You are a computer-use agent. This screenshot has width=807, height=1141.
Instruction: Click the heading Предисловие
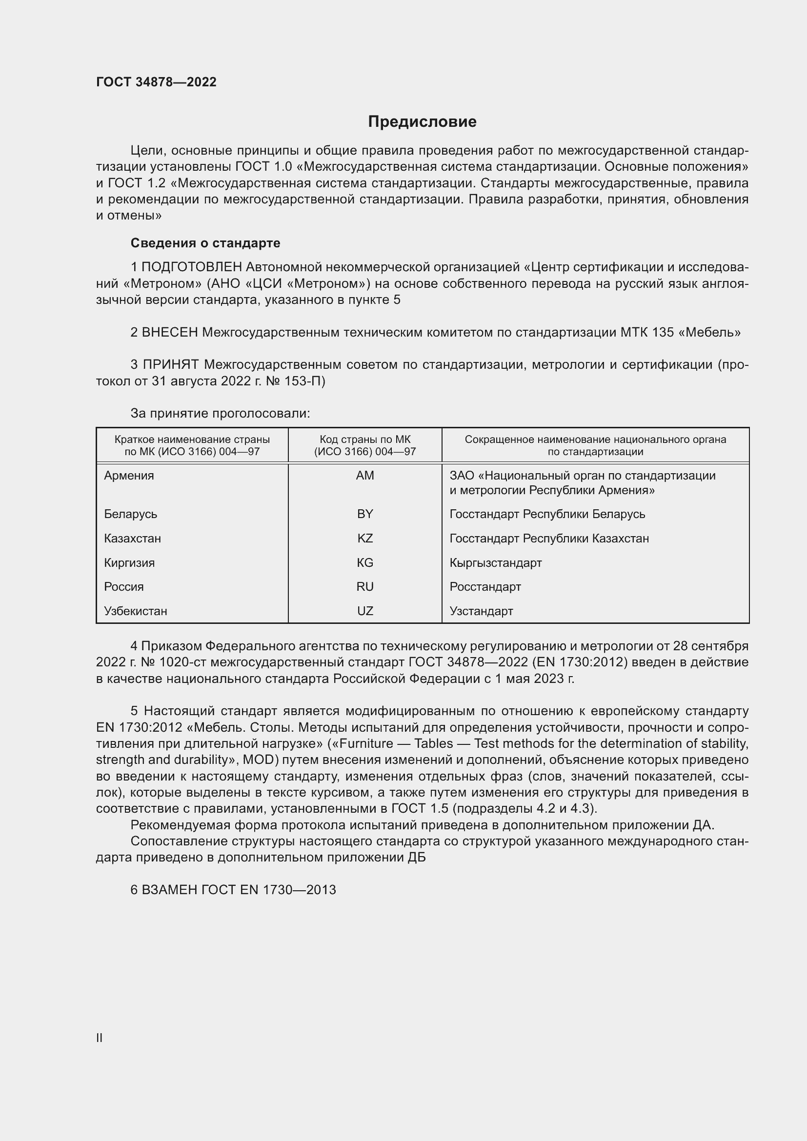[x=422, y=122]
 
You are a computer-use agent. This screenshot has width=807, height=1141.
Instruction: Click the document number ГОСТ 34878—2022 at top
[x=156, y=82]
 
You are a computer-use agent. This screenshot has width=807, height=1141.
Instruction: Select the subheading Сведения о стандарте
[x=205, y=243]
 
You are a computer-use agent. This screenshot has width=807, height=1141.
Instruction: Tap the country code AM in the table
[x=365, y=476]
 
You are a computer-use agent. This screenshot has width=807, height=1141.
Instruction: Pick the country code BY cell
[x=365, y=514]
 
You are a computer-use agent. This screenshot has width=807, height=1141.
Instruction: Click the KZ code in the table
[x=365, y=538]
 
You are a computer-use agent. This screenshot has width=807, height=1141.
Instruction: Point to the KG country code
[x=365, y=562]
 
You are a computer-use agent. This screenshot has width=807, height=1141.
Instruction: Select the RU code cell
[x=365, y=586]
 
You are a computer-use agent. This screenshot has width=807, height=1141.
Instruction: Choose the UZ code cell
[x=365, y=611]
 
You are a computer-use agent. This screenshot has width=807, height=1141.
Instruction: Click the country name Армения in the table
[x=129, y=476]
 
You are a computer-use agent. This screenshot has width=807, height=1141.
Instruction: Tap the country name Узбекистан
[x=135, y=611]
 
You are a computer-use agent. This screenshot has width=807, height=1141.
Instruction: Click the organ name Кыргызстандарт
[x=495, y=562]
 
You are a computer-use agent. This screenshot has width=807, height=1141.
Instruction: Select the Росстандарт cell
[x=485, y=586]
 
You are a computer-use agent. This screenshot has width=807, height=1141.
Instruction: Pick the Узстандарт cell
[x=481, y=611]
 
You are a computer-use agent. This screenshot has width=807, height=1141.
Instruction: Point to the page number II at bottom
[x=99, y=1038]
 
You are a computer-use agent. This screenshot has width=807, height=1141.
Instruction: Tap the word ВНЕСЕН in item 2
[x=170, y=332]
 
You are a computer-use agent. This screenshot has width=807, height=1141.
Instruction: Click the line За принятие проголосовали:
[x=220, y=413]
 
